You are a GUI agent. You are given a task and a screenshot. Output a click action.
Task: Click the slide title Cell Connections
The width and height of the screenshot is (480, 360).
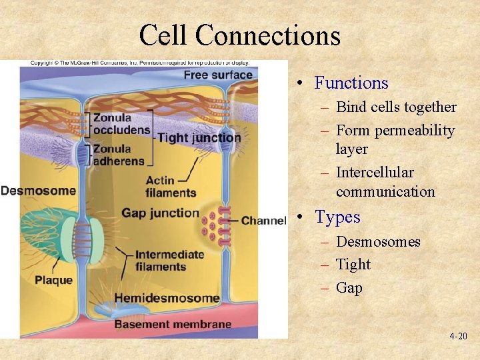pyautogui.click(x=239, y=35)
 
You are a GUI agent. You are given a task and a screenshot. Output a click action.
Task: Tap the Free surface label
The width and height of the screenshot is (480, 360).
pyautogui.click(x=218, y=74)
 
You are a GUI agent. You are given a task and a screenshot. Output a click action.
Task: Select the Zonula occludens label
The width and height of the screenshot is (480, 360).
pyautogui.click(x=121, y=124)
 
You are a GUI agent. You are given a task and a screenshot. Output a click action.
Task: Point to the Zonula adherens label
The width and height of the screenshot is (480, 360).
pyautogui.click(x=119, y=155)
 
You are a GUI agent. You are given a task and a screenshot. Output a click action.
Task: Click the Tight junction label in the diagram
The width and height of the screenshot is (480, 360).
pyautogui.click(x=199, y=138)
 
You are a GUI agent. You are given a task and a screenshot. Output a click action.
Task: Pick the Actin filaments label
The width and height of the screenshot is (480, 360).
pyautogui.click(x=170, y=187)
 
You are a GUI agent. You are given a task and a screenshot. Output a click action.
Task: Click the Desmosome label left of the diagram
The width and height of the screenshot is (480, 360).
pyautogui.click(x=38, y=191)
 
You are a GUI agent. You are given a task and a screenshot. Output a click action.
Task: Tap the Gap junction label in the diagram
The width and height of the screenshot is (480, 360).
pyautogui.click(x=160, y=213)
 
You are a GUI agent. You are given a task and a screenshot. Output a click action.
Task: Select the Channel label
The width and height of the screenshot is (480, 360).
pyautogui.click(x=263, y=221)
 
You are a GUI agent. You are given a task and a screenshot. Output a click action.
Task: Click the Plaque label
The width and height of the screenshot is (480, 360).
pyautogui.click(x=54, y=280)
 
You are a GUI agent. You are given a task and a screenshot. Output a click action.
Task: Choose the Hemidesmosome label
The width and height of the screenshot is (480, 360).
pyautogui.click(x=167, y=298)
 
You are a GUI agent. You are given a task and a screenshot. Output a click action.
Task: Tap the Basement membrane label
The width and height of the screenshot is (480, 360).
pyautogui.click(x=173, y=325)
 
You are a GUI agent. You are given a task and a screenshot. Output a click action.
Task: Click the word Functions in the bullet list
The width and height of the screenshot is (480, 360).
pyautogui.click(x=351, y=83)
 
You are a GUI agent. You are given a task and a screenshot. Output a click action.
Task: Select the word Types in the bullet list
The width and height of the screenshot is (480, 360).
pyautogui.click(x=337, y=217)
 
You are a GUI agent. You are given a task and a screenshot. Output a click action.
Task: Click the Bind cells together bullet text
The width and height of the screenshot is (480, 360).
pyautogui.click(x=396, y=107)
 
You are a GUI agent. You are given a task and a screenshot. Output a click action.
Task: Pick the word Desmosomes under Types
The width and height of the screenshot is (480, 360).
pyautogui.click(x=378, y=241)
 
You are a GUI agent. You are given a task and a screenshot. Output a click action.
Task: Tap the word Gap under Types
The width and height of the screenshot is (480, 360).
pyautogui.click(x=349, y=288)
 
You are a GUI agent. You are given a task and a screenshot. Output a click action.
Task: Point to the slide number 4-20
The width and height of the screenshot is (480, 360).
pyautogui.click(x=458, y=337)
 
